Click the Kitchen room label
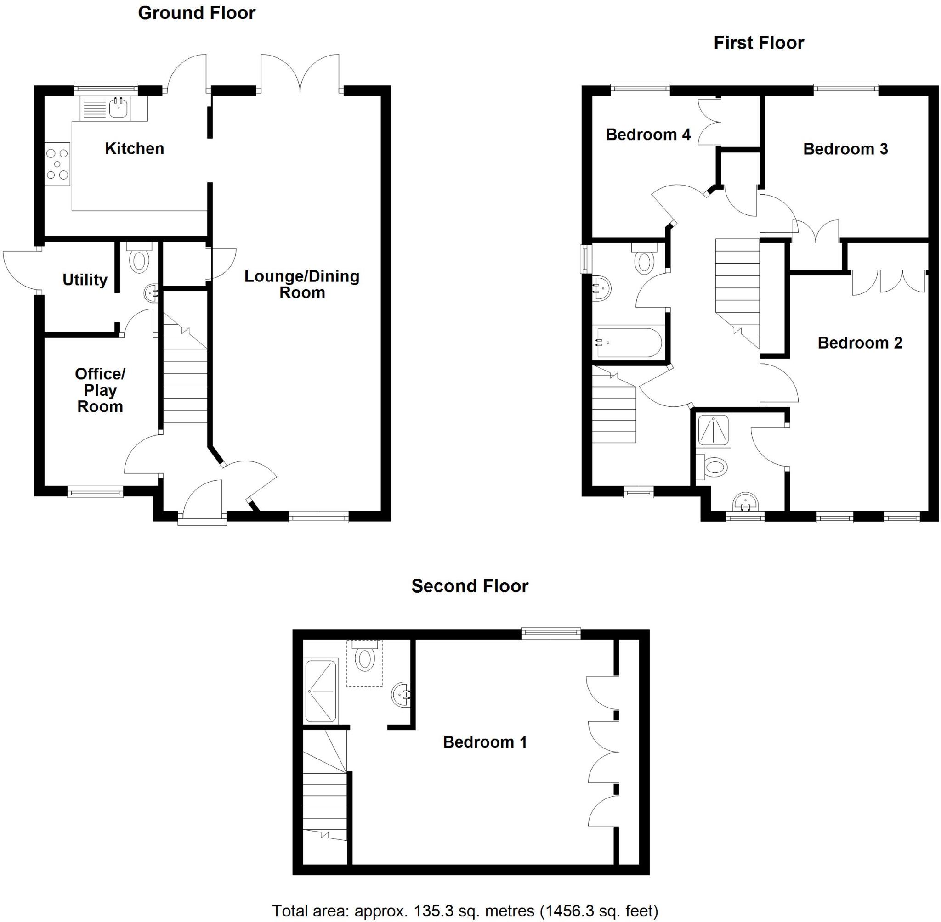134,149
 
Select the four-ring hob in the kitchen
57,165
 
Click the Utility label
85,280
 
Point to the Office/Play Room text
100,390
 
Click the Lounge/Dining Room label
301,284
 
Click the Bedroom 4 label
648,134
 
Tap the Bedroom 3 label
845,149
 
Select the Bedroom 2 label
860,343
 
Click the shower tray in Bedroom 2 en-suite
714,431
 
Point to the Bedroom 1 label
485,742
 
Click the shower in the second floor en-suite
321,690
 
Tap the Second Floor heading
470,586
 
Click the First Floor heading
758,43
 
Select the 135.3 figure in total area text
434,911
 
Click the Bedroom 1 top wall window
550,633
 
